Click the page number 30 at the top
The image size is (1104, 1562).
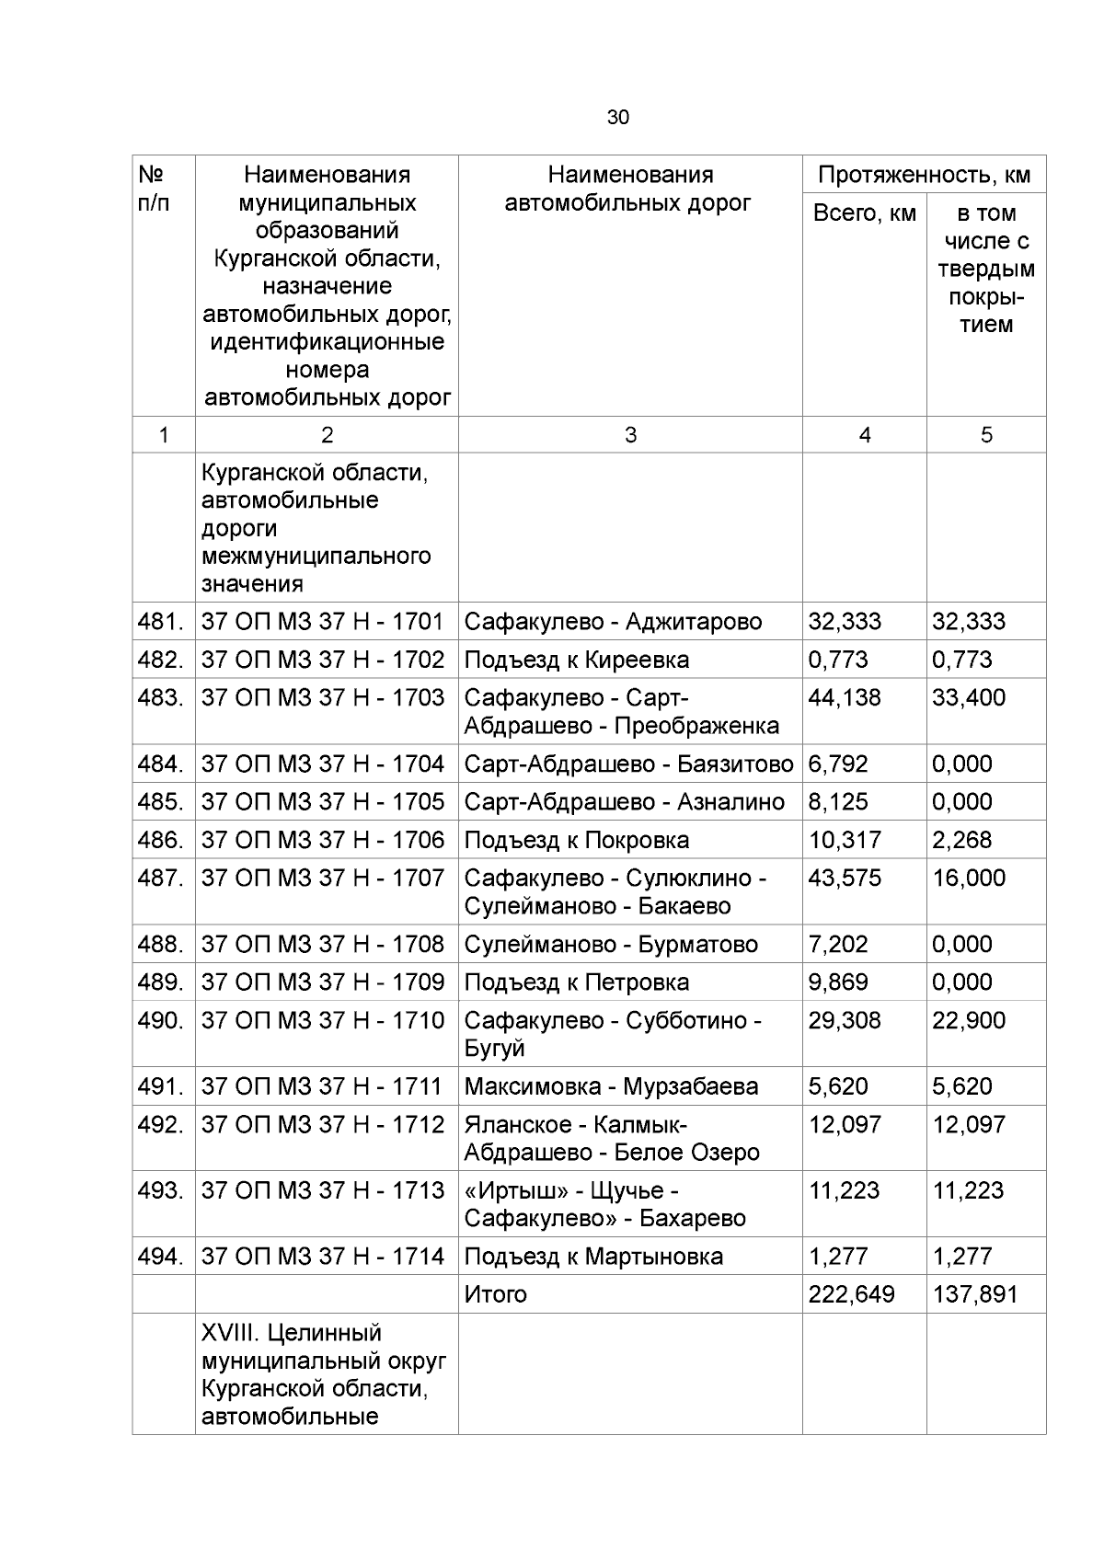[618, 118]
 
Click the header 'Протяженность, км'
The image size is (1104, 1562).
[924, 175]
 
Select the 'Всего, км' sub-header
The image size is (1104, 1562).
[864, 213]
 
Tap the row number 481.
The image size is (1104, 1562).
[161, 622]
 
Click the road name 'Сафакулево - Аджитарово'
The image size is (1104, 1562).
[613, 622]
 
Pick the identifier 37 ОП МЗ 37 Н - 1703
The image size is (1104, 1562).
[322, 698]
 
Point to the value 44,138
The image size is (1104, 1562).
[845, 698]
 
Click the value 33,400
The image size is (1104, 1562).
[968, 698]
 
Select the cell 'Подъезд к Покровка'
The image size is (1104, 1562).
[576, 841]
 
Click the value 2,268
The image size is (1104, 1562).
[962, 841]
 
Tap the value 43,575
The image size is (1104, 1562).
[845, 879]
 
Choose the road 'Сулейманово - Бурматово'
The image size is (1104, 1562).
[611, 945]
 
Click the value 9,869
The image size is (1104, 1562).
[838, 982]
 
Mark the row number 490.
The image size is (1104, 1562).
[161, 1021]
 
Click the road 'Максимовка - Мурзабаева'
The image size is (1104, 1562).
[611, 1087]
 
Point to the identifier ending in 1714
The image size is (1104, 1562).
[322, 1257]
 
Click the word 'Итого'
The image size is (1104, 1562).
[496, 1295]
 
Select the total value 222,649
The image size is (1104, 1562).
[851, 1295]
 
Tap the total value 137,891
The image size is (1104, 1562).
[974, 1295]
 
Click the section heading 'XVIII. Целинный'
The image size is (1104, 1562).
[291, 1333]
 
